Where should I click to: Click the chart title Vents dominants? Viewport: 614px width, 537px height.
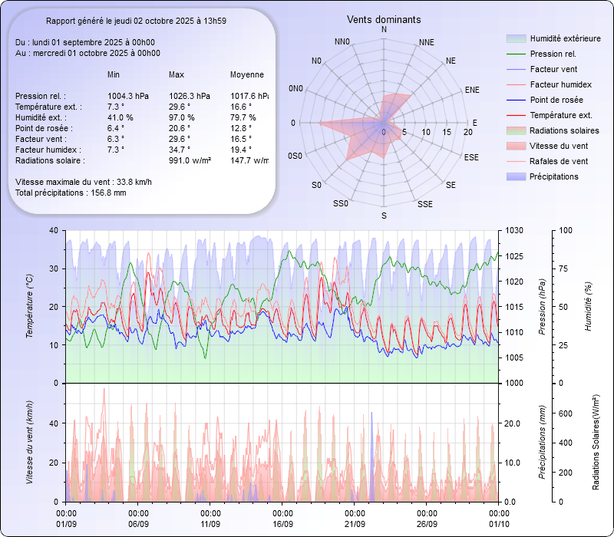pyautogui.click(x=384, y=19)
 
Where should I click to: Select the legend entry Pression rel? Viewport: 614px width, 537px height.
pyautogui.click(x=553, y=54)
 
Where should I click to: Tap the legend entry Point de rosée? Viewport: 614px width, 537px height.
pyautogui.click(x=556, y=100)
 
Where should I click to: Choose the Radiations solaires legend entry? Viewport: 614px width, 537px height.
pyautogui.click(x=565, y=130)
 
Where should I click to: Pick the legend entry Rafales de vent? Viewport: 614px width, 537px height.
pyautogui.click(x=559, y=161)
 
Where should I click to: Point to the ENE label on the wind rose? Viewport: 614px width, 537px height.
pyautogui.click(x=472, y=90)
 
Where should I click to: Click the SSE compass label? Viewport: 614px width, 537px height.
pyautogui.click(x=424, y=205)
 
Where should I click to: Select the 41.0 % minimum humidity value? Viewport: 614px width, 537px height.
pyautogui.click(x=120, y=117)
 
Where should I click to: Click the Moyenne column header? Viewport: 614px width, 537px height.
pyautogui.click(x=247, y=74)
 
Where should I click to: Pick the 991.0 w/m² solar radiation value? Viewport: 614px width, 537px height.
pyautogui.click(x=190, y=160)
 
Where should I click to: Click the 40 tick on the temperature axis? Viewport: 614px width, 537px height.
pyautogui.click(x=53, y=230)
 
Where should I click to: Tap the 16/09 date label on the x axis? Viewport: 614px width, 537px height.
pyautogui.click(x=282, y=524)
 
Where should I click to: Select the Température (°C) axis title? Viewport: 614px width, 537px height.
pyautogui.click(x=30, y=307)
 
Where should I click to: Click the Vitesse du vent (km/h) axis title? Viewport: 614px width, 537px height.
pyautogui.click(x=30, y=443)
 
